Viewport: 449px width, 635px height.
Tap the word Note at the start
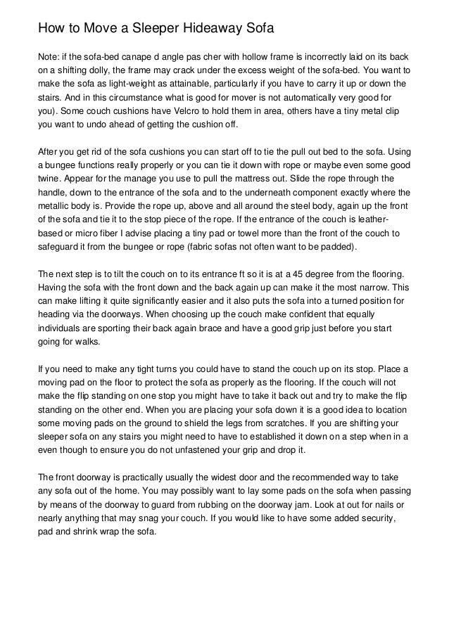[49, 56]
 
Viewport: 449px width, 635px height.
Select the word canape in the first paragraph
[144, 56]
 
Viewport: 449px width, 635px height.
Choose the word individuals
[62, 328]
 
